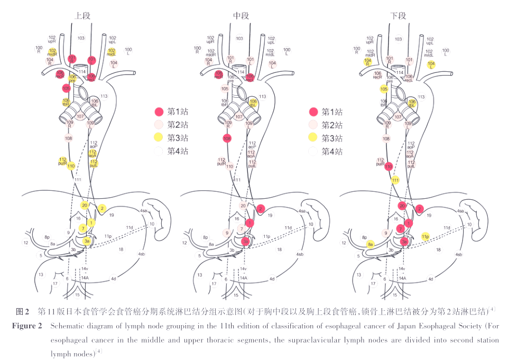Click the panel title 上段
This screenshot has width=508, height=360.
(x=83, y=15)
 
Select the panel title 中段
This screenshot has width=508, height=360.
(x=241, y=15)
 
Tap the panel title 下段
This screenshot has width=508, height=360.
(x=399, y=15)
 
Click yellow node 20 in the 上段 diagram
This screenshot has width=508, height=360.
(x=85, y=205)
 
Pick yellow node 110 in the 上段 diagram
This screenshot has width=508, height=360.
(x=71, y=166)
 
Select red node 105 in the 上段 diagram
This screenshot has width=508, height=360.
(x=67, y=88)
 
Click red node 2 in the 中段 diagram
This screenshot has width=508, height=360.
(x=261, y=208)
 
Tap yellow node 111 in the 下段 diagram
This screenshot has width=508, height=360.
(x=395, y=180)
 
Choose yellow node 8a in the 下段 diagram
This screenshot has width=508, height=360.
(x=371, y=244)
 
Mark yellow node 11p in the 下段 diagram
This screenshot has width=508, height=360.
(x=426, y=236)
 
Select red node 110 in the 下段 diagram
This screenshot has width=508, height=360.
(x=389, y=167)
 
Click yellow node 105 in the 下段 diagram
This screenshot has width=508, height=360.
(x=384, y=89)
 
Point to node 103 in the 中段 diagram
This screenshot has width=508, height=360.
(x=239, y=39)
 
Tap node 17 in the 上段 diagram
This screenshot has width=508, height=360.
(x=55, y=283)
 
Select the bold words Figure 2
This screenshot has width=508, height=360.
(x=27, y=326)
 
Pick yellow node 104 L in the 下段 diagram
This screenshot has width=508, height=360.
(x=431, y=64)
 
